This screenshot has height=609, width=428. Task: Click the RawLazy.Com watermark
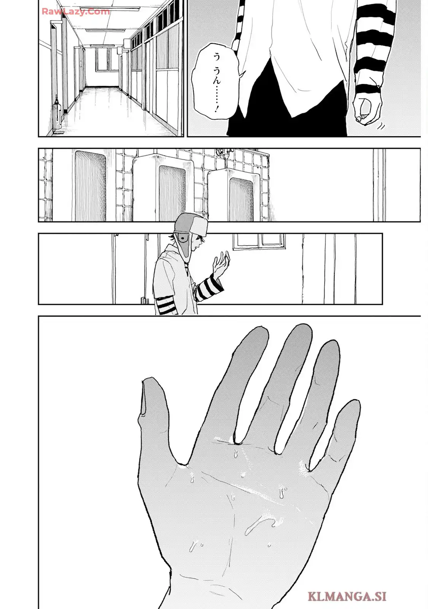point(76,11)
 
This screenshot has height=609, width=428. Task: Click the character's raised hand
point(221,263)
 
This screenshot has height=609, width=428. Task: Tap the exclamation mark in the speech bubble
point(216,110)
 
